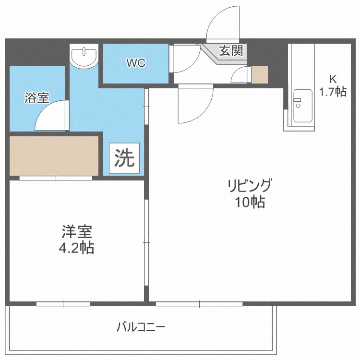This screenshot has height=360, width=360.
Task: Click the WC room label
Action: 136,63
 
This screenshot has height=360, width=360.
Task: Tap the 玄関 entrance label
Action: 230,51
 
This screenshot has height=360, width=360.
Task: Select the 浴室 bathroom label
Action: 36,98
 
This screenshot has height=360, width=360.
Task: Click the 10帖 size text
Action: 250,203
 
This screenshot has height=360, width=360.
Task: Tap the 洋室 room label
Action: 77,232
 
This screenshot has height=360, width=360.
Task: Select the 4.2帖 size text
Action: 77,248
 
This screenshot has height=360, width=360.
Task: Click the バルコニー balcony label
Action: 141,328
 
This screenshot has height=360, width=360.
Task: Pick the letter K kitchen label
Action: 332,79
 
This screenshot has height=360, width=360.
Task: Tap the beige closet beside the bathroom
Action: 54,156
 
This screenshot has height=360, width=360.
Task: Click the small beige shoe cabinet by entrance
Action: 260,74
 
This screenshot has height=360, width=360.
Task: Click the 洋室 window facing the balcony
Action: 63,304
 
